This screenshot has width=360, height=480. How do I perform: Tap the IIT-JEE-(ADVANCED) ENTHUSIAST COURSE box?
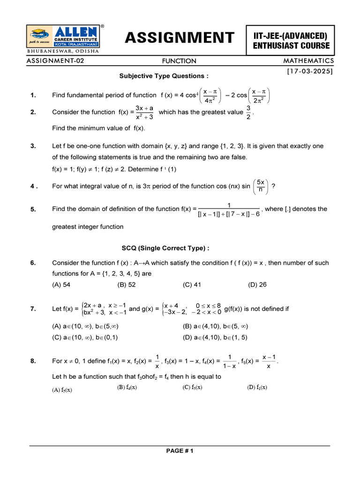pyautogui.click(x=291, y=40)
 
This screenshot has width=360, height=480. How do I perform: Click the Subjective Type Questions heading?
pyautogui.click(x=163, y=75)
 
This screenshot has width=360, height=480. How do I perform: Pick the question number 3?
pyautogui.click(x=33, y=146)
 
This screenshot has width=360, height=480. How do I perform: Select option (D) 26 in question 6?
pyautogui.click(x=257, y=285)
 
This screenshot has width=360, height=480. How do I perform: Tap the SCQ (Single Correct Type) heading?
pyautogui.click(x=163, y=248)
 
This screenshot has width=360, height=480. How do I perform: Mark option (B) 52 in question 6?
pyautogui.click(x=126, y=285)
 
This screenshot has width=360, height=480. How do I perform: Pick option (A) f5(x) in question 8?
pyautogui.click(x=62, y=389)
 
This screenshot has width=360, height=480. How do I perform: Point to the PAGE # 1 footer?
pyautogui.click(x=180, y=451)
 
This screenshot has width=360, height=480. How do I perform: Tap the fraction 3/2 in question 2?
pyautogui.click(x=248, y=112)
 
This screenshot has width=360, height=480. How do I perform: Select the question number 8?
pyautogui.click(x=33, y=361)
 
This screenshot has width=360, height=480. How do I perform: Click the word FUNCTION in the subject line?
pyautogui.click(x=179, y=61)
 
